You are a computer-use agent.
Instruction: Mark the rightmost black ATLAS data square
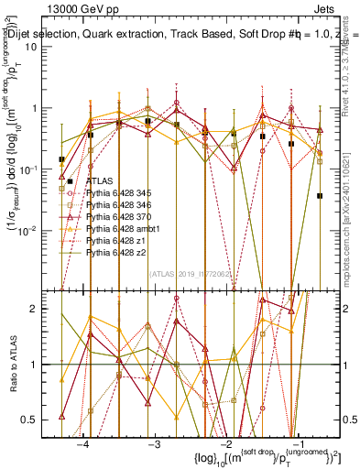tap(320, 195)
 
